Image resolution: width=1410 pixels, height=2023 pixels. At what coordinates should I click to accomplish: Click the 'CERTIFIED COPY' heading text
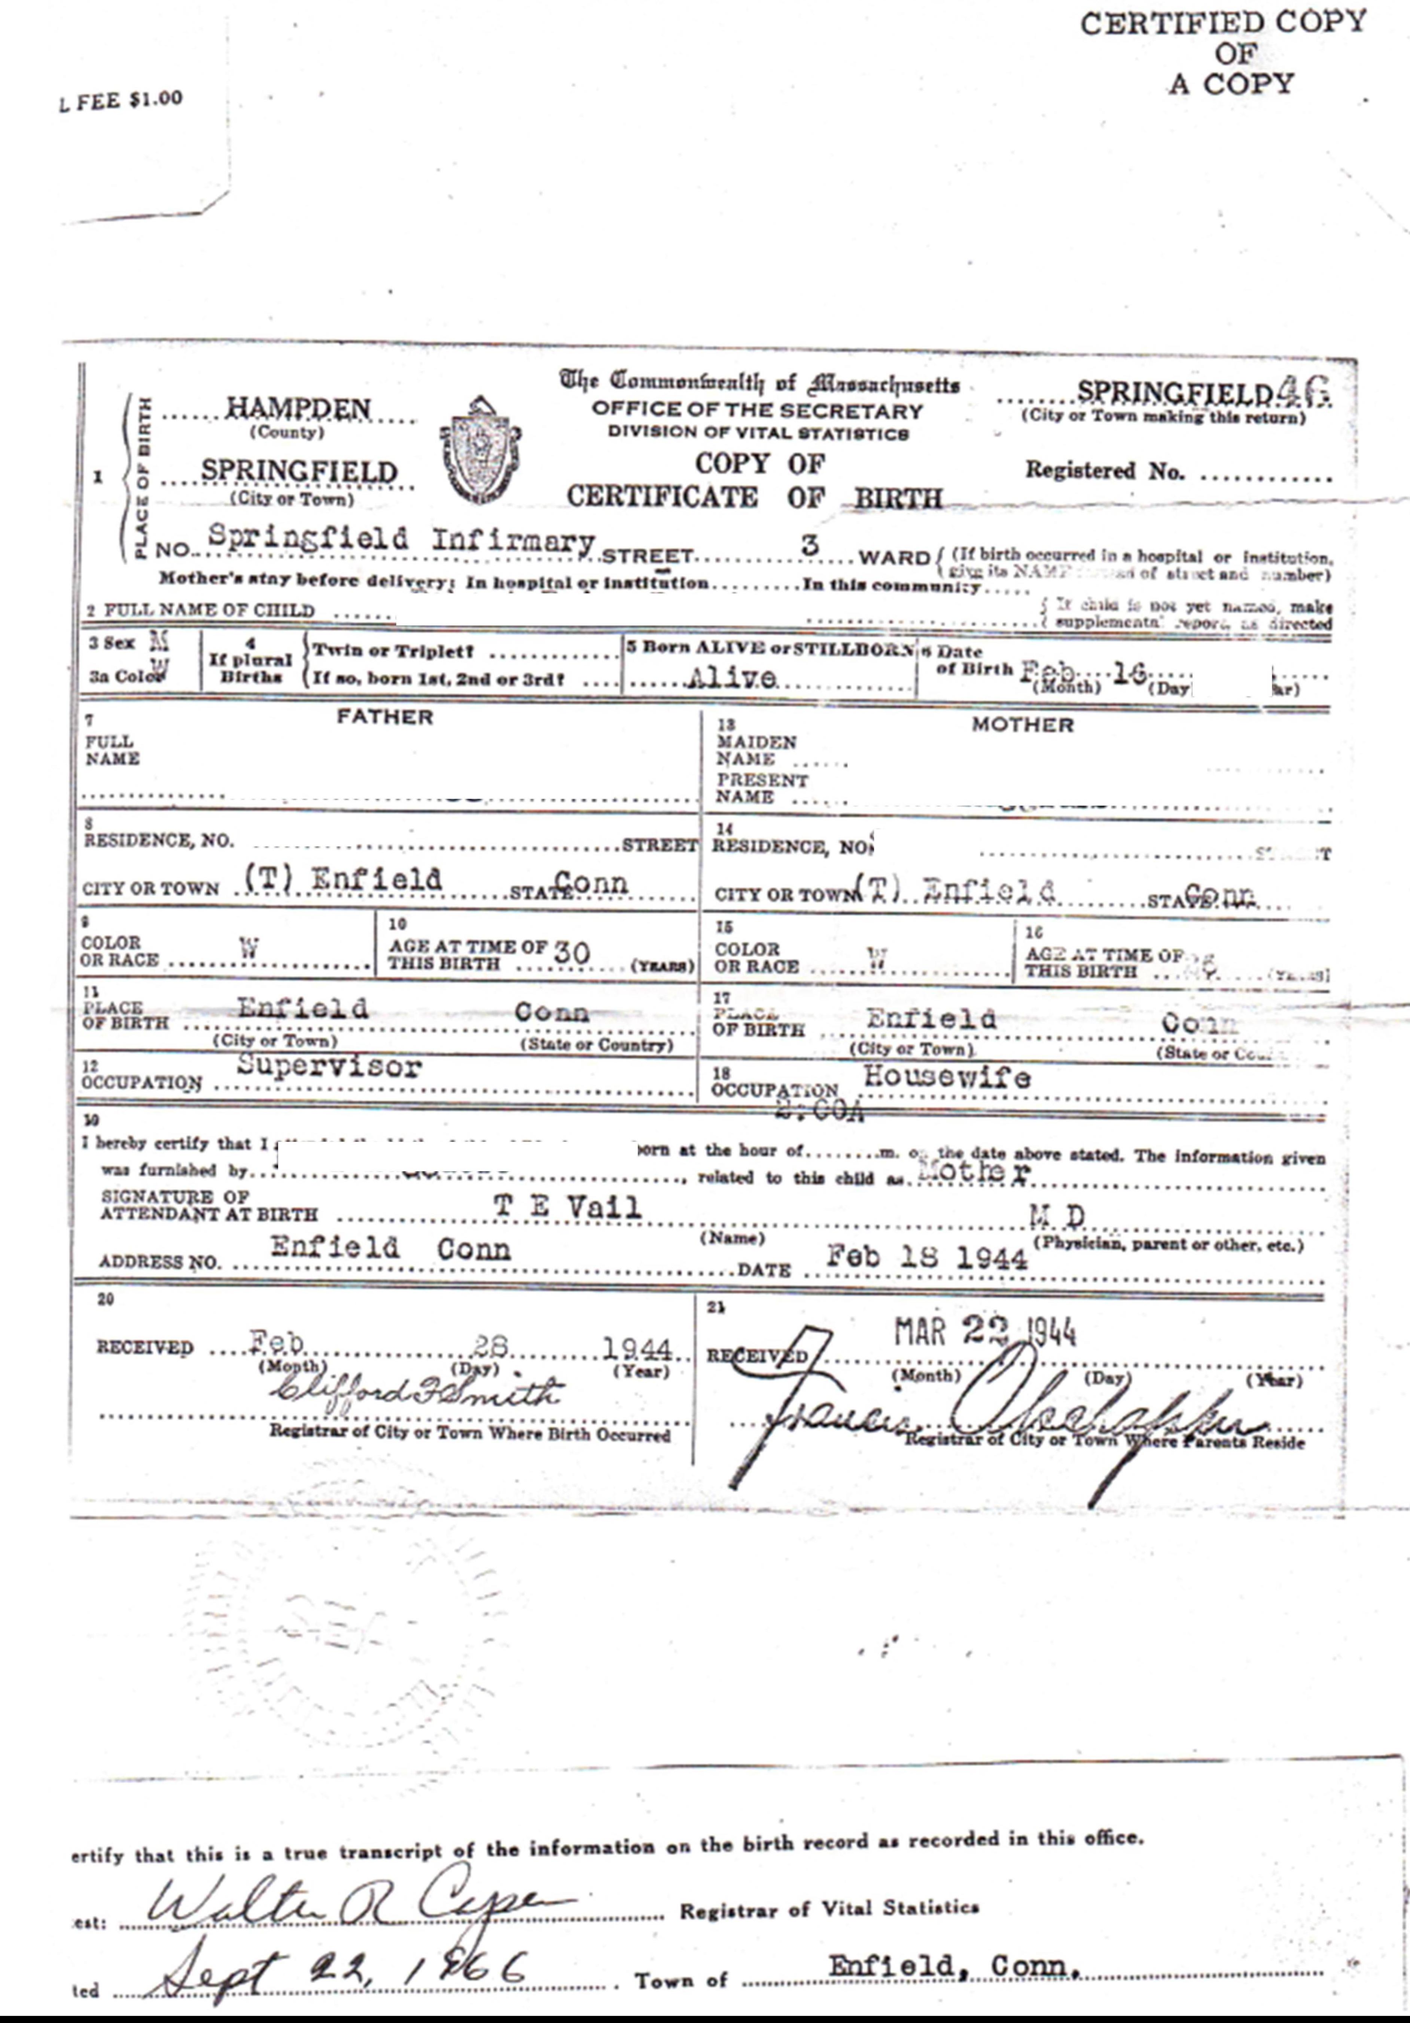[x=1223, y=23]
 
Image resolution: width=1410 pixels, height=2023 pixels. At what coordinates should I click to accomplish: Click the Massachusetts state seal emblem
[x=480, y=449]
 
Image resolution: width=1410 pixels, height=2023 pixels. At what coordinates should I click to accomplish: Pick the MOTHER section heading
[x=1022, y=725]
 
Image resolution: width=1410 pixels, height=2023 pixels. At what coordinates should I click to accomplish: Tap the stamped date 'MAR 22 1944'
[x=985, y=1331]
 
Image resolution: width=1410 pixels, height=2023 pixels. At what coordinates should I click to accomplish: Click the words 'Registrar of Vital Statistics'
[x=828, y=1909]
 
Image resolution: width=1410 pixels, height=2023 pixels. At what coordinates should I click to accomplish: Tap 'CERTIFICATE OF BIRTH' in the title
[x=753, y=497]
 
